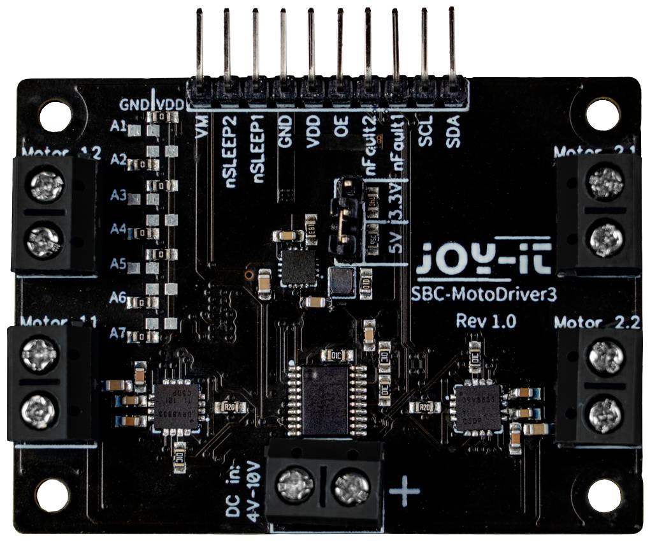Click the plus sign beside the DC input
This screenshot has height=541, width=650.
coord(404,491)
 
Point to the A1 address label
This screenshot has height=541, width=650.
coord(118,127)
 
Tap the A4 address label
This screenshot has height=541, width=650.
coord(118,228)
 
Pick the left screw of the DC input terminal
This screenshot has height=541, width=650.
coord(295,487)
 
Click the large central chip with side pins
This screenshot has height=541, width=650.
coord(324,399)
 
